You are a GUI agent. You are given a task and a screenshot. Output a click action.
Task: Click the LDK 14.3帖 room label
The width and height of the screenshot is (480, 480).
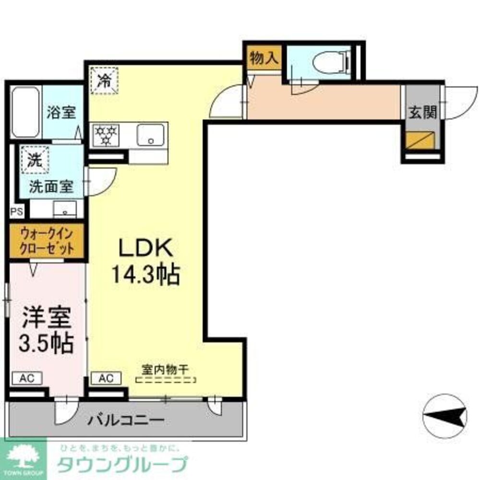click(x=145, y=262)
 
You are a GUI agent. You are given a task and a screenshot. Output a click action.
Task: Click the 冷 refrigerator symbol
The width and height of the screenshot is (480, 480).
click(x=104, y=80)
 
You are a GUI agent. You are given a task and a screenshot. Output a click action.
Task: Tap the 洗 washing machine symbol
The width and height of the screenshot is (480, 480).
click(x=34, y=158)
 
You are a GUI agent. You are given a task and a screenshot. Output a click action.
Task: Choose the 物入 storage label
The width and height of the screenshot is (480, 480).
click(x=264, y=58)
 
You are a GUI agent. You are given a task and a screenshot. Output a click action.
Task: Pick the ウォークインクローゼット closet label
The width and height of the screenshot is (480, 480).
click(x=47, y=241)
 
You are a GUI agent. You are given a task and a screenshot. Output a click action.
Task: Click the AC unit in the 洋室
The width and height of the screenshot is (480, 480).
click(x=27, y=378)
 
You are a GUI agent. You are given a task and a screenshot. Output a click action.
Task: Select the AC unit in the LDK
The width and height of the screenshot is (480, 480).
click(x=107, y=378)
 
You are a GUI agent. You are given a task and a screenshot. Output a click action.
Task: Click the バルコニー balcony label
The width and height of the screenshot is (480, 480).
click(x=126, y=420)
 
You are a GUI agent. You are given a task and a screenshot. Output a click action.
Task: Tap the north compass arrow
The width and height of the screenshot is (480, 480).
click(x=445, y=415)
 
